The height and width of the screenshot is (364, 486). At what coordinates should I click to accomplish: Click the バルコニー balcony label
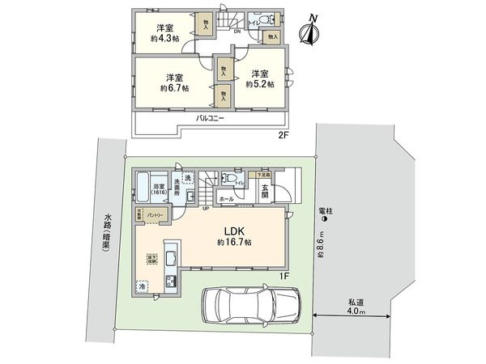211,118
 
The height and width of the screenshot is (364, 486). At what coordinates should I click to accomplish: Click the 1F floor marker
283,276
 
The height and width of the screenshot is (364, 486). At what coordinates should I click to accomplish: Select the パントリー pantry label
157,214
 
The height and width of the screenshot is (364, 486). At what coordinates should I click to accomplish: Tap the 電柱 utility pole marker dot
325,218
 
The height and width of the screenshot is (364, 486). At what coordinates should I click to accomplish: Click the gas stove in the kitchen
171,281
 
